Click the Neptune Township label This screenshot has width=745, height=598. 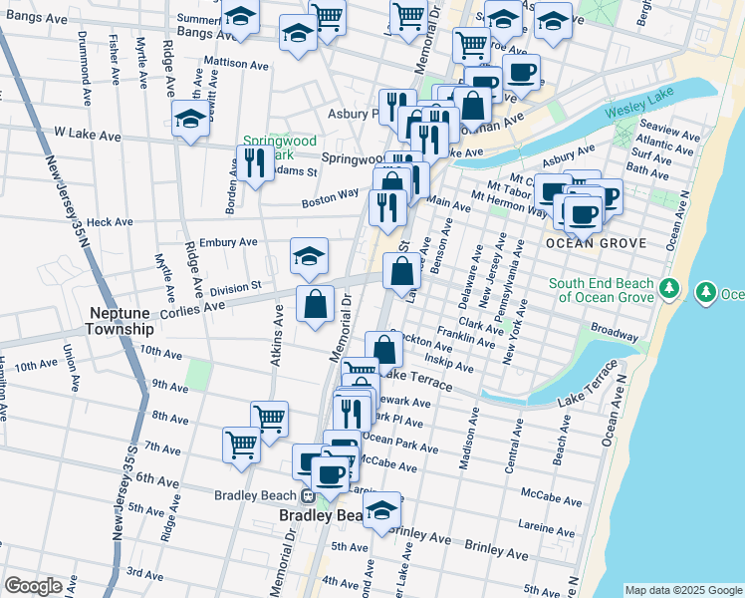click(x=120, y=319)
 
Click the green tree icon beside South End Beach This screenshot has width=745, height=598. click(x=670, y=290)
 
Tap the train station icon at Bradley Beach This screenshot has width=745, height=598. click(x=309, y=495)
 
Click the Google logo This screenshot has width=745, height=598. click(x=33, y=586)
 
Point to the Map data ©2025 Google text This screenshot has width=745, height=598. click(x=683, y=590)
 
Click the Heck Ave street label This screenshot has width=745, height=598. click(x=110, y=222)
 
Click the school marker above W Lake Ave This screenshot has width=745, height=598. click(x=190, y=118)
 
